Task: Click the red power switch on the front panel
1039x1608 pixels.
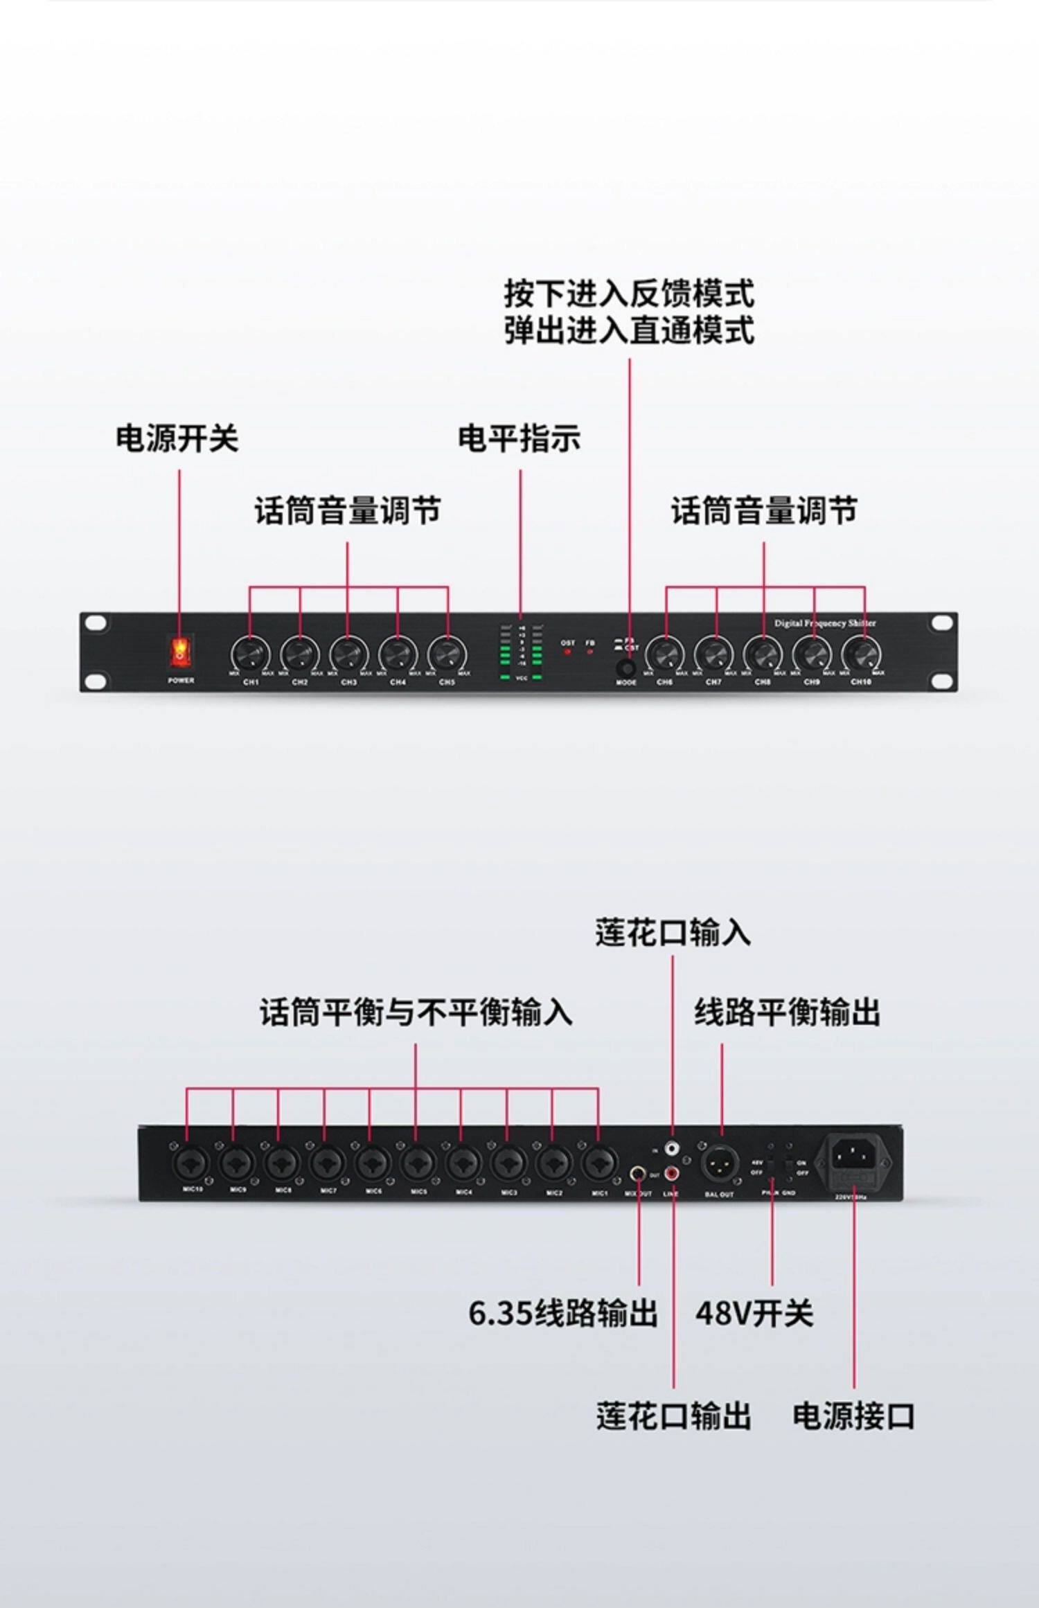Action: point(179,651)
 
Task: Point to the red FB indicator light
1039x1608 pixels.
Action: point(590,652)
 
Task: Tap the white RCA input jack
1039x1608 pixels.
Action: point(671,1149)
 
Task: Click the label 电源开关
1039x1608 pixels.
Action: point(177,439)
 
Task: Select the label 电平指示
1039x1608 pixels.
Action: point(519,439)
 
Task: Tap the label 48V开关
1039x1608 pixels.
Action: point(754,1313)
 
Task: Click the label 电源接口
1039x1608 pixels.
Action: point(853,1417)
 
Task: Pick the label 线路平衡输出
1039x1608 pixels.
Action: point(787,1012)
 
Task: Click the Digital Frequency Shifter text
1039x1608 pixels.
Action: point(825,623)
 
